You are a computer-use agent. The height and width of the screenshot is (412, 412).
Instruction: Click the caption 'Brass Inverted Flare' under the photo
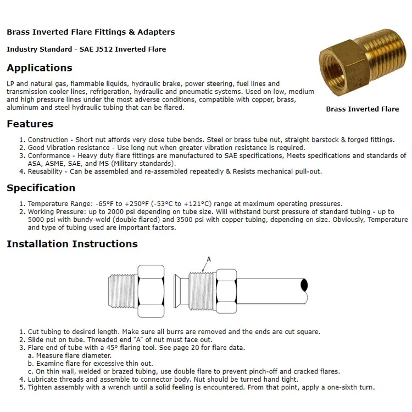363,109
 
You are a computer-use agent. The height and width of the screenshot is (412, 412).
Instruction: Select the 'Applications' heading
40,68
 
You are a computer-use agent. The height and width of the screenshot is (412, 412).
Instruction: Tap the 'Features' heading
30,124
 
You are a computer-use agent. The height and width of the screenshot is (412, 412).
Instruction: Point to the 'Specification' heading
41,188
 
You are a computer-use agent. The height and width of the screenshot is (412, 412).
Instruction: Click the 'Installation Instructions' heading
72,244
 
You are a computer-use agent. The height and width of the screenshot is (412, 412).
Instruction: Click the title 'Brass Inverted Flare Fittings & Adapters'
91,32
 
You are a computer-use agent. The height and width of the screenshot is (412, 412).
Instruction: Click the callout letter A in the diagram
208,259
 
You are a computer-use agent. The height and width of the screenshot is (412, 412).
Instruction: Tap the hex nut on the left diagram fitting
151,289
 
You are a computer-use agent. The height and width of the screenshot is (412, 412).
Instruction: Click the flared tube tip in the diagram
179,289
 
